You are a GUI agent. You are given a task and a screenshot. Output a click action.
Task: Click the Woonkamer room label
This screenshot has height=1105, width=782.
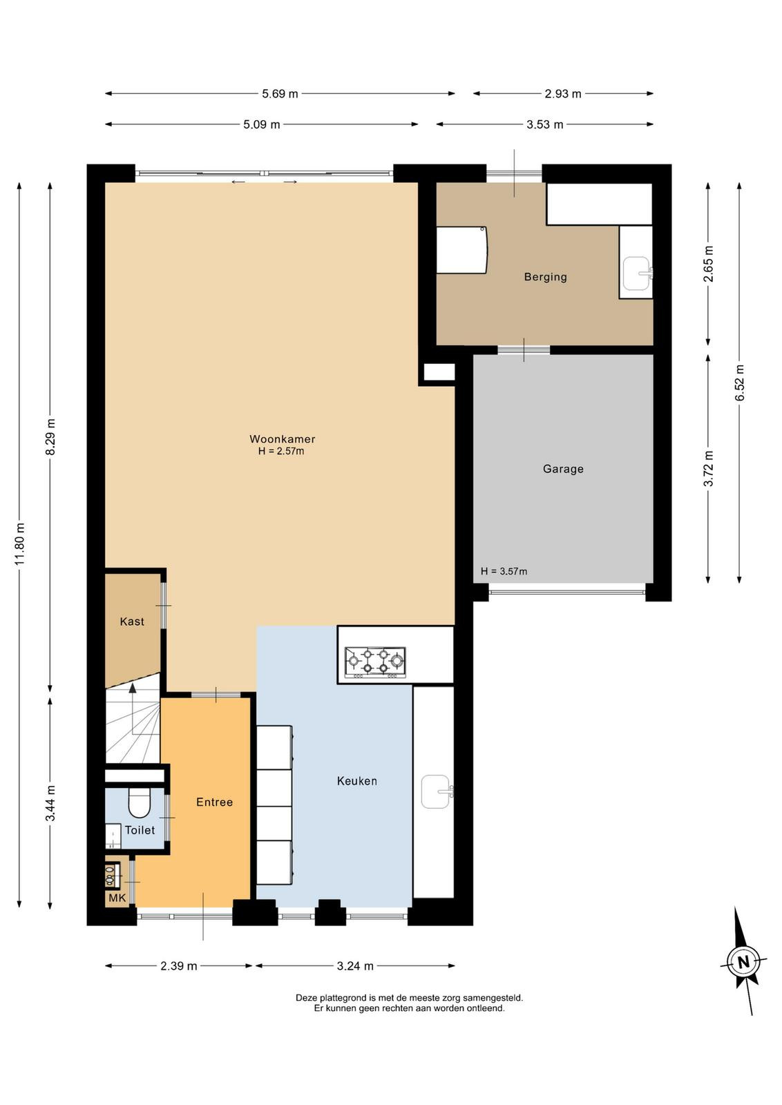point(283,439)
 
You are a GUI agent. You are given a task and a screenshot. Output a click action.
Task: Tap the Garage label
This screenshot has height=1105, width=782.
point(563,469)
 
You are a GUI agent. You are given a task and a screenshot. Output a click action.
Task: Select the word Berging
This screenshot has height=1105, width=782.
point(545,277)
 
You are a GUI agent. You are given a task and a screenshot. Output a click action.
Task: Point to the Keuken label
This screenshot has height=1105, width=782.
point(356,781)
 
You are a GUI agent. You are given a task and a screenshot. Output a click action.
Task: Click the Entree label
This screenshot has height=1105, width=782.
point(214,802)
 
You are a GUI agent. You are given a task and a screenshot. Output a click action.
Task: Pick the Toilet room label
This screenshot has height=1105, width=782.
point(140,830)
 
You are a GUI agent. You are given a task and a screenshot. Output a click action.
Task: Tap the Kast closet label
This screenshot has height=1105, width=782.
point(132,622)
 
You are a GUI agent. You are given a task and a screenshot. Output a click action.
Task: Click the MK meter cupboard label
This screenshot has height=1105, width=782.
point(117,899)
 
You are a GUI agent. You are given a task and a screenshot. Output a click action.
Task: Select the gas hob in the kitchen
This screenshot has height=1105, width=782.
point(375,662)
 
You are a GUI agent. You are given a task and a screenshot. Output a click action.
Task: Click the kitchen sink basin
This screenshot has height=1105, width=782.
point(436,791)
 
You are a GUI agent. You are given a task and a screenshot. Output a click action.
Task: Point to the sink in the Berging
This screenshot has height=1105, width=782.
point(637,273)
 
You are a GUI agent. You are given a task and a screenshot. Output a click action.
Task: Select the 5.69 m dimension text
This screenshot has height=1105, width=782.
point(280,94)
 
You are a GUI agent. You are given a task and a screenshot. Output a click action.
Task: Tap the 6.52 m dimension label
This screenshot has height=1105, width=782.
point(738,383)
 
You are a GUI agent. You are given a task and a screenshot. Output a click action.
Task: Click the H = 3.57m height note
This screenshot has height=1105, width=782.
point(504,571)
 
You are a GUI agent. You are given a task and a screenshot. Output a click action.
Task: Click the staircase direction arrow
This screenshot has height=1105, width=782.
point(132,709)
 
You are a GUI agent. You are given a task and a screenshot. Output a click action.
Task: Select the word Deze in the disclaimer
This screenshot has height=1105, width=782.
point(307,997)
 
